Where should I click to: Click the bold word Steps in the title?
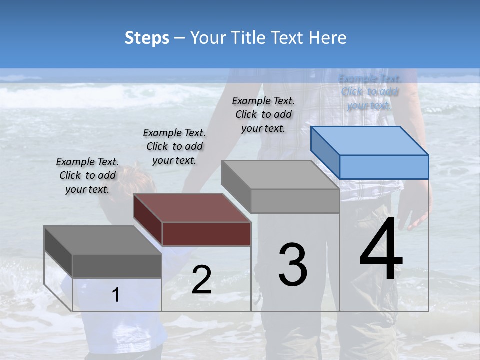[x=147, y=38]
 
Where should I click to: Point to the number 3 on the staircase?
[x=293, y=265]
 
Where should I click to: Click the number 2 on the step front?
[x=201, y=280]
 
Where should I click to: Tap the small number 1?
[x=116, y=295]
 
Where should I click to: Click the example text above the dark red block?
[x=174, y=146]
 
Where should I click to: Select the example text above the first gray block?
[x=87, y=175]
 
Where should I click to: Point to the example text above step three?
[x=263, y=114]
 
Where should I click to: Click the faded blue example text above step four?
[x=370, y=92]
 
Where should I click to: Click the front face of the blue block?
[x=384, y=167]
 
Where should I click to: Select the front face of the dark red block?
[x=206, y=234]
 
